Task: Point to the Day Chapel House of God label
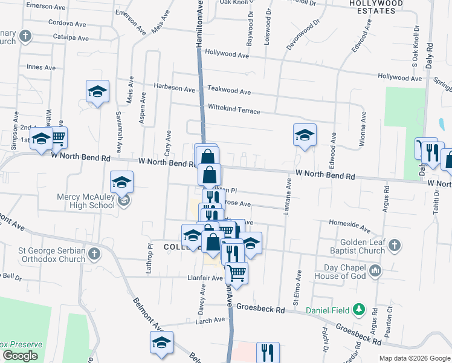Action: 341,272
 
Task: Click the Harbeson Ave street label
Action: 175,88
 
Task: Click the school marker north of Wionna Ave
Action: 305,136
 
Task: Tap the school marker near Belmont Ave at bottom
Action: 161,343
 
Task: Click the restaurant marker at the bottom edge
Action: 267,352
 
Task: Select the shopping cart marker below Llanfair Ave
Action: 236,273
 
